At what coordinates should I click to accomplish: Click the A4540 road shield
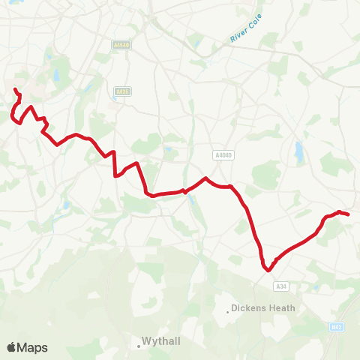[121, 45]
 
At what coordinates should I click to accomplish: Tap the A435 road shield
[122, 91]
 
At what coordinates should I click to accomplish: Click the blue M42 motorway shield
[337, 326]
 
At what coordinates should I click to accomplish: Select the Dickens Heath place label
[263, 307]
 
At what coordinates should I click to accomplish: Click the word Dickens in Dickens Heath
[249, 307]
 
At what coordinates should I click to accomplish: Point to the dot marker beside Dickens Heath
[228, 308]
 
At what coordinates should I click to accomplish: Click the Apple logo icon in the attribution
[12, 347]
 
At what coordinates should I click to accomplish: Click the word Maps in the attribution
[33, 347]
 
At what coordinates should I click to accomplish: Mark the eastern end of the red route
[349, 214]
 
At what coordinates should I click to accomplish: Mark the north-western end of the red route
[15, 90]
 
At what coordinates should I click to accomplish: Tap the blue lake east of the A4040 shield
[300, 153]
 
